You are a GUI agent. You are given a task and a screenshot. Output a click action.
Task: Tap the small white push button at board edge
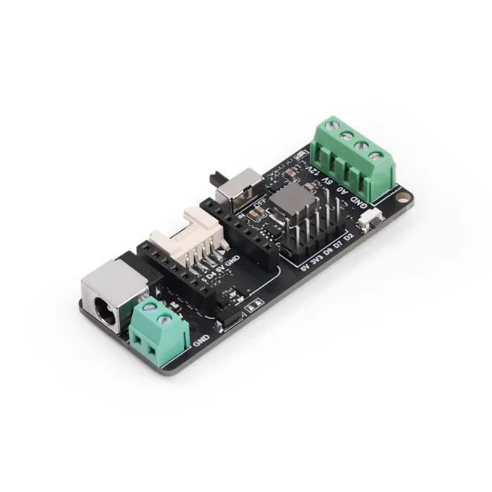(x=365, y=223)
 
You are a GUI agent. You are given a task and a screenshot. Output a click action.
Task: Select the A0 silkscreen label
(x=342, y=189)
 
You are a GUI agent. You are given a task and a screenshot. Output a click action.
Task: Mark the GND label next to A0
(x=358, y=200)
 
